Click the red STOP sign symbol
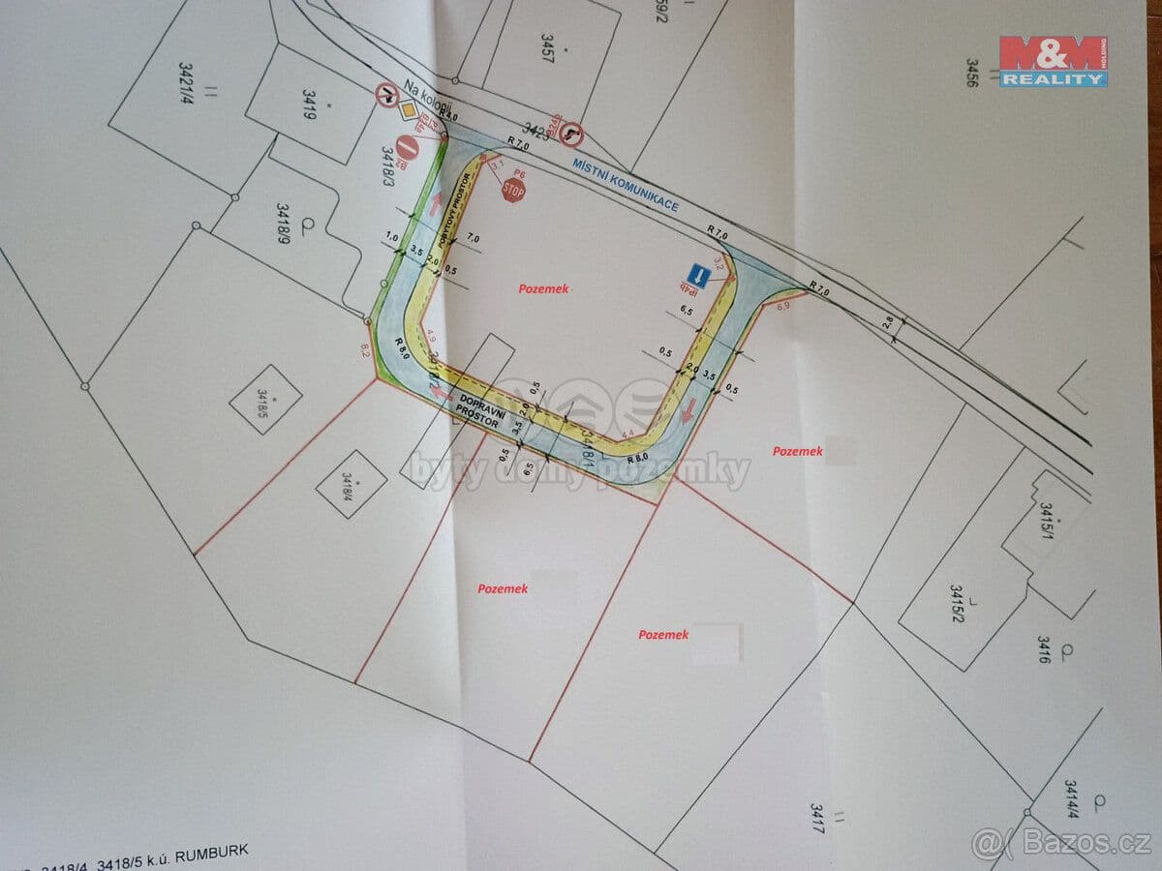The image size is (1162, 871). tap(513, 191)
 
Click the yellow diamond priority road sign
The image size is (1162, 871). tap(409, 113)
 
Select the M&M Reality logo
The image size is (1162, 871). tap(1054, 61)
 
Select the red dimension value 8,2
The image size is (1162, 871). tap(365, 349)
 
